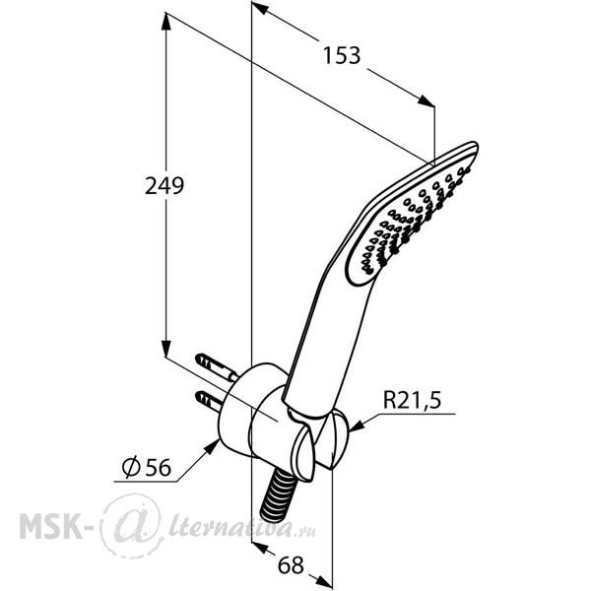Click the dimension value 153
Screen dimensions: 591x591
342,56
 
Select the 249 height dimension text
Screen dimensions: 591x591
164,186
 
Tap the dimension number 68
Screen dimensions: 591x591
291,565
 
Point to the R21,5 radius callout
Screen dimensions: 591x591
412,400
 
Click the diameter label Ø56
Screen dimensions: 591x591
147,467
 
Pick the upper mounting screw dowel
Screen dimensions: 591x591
216,366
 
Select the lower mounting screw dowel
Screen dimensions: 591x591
209,402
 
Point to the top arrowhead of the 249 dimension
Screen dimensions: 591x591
165,22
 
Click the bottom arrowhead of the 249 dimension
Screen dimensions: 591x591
165,348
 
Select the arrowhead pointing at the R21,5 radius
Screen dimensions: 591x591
358,426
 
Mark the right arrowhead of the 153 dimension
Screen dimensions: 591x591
426,100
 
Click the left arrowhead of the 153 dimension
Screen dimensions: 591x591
260,8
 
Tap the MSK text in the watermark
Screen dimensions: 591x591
51,525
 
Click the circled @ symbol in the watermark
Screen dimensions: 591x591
132,525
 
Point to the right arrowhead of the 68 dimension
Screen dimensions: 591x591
323,581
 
